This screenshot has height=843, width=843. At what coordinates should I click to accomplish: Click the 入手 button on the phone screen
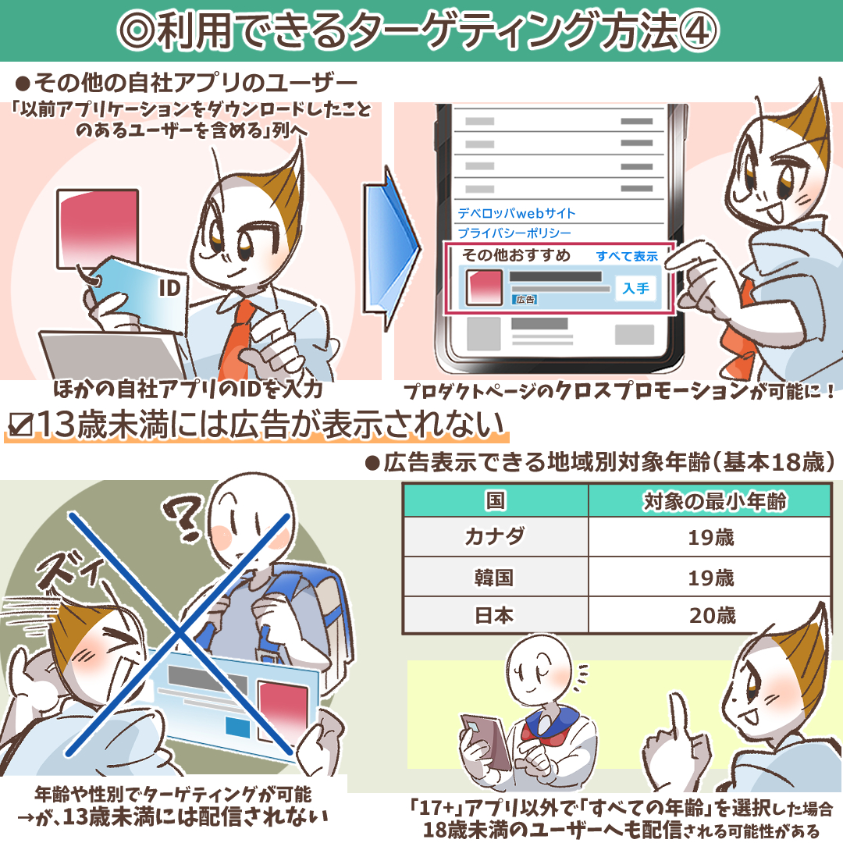[x=636, y=289]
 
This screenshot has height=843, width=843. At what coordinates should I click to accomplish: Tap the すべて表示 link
[x=627, y=256]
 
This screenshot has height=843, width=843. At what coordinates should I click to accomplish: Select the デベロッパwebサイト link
[x=517, y=213]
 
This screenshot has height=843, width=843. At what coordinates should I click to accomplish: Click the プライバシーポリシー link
[x=514, y=233]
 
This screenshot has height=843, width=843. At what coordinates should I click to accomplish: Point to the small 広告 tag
[x=523, y=300]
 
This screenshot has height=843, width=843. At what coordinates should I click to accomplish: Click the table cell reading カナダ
[x=495, y=537]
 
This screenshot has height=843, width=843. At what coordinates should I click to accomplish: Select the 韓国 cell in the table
[x=495, y=578]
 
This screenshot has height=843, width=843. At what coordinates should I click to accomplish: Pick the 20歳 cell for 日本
[x=711, y=615]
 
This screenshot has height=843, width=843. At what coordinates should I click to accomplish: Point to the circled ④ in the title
[x=697, y=31]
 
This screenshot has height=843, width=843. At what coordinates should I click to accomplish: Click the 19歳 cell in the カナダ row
[x=711, y=537]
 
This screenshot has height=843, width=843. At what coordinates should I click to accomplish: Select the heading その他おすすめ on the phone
[x=516, y=256]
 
